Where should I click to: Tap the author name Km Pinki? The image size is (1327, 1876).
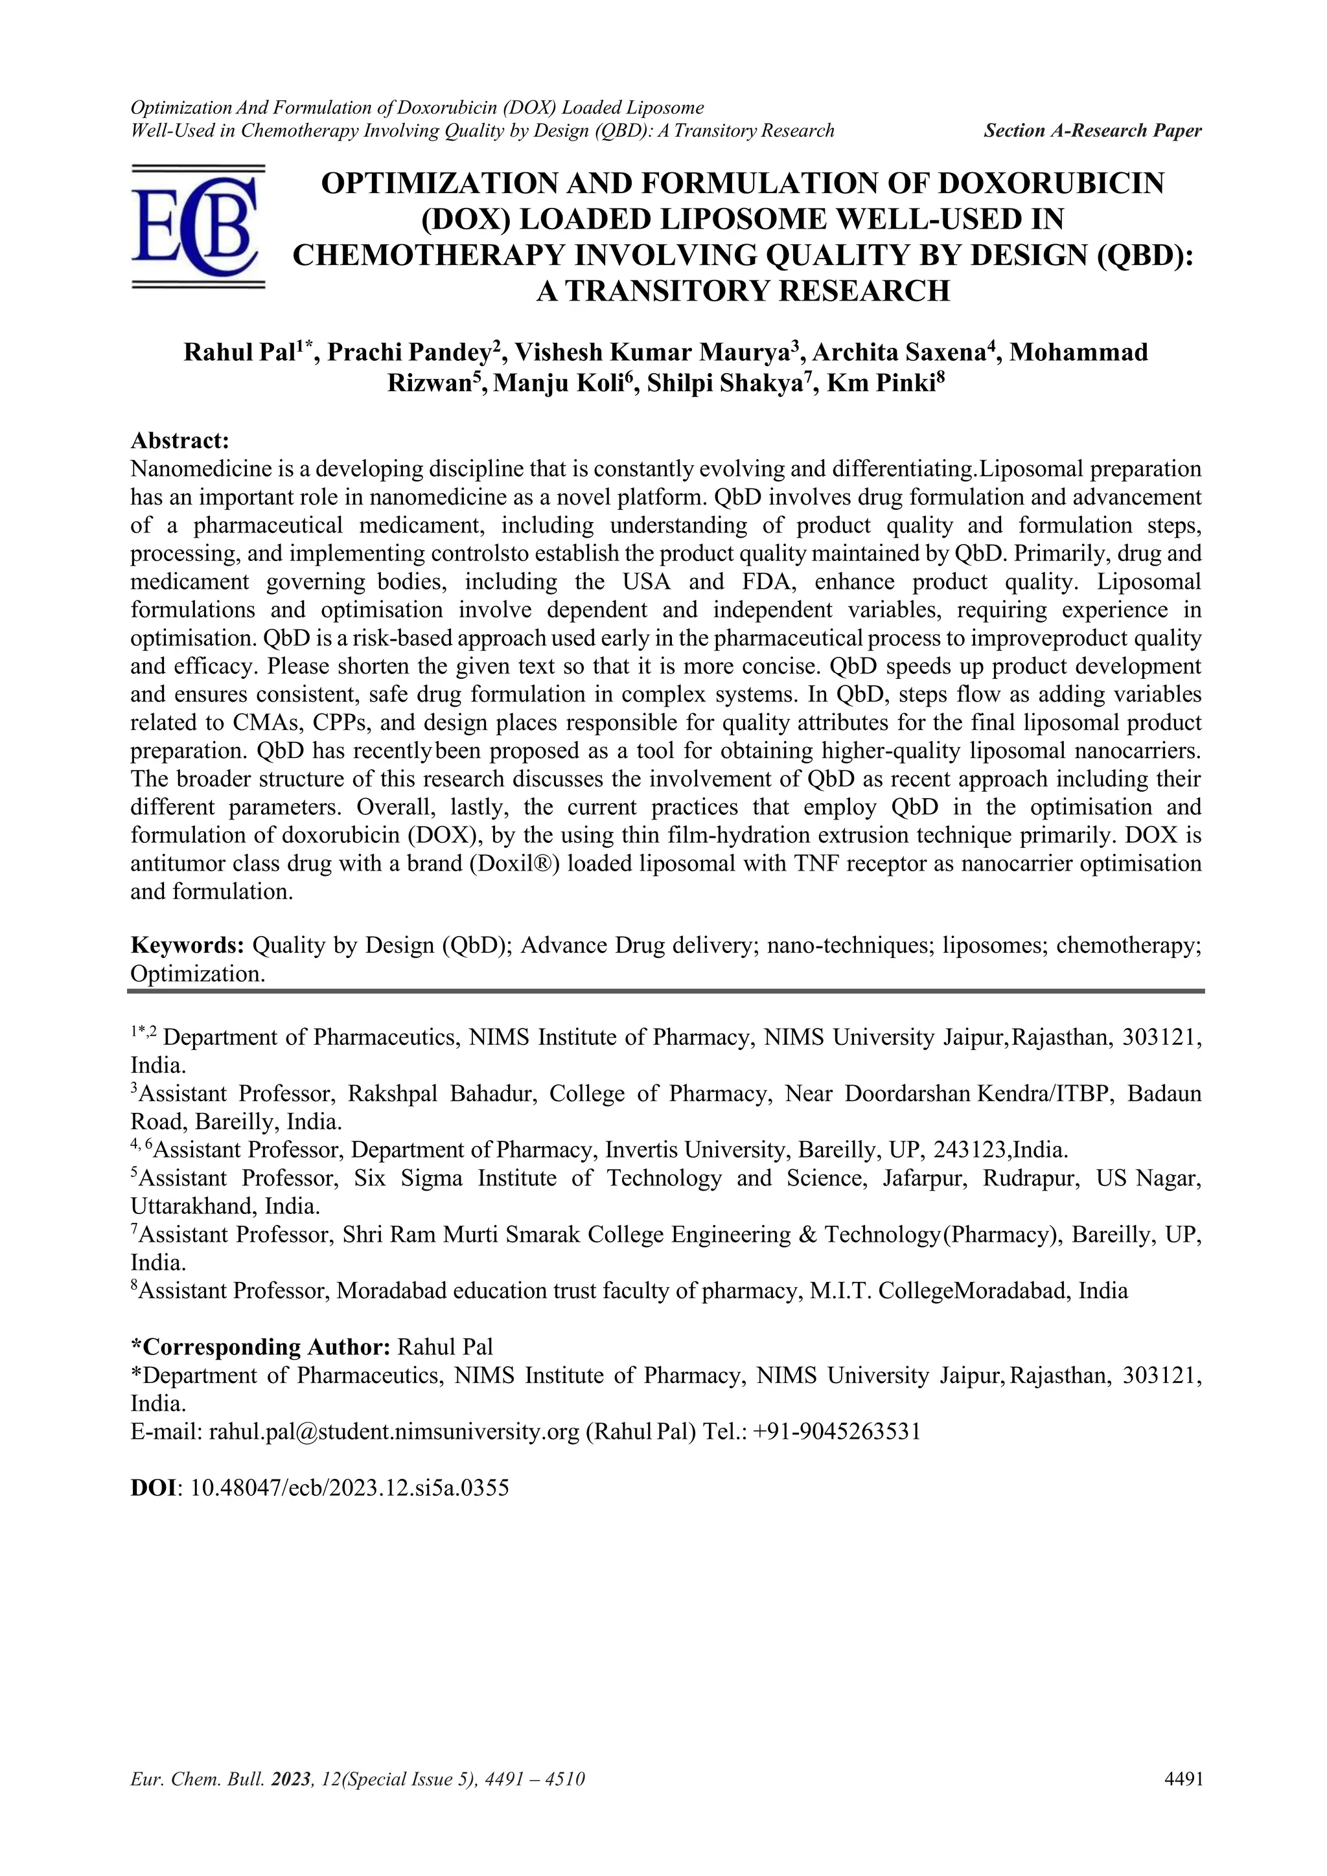tap(880, 383)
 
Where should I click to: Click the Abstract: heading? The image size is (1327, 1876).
tap(179, 441)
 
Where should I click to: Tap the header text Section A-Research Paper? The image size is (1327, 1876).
tap(1092, 131)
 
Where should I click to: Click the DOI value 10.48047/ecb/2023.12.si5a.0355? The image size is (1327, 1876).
tap(349, 1487)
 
